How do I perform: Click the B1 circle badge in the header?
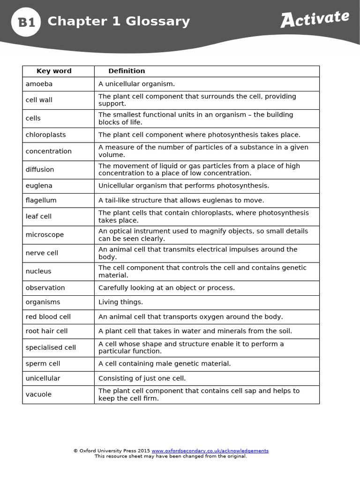click(26, 22)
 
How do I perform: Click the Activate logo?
click(315, 19)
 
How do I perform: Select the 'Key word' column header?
click(54, 71)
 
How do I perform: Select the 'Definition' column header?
click(127, 71)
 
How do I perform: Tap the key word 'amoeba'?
click(39, 84)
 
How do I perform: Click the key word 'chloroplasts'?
click(45, 135)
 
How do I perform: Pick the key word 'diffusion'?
click(40, 170)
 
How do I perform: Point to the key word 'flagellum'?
click(41, 201)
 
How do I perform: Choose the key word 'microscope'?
click(45, 235)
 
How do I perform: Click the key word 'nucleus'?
click(38, 271)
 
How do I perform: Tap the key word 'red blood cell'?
click(48, 317)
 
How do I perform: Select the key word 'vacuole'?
click(38, 395)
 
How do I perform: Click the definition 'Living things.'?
click(120, 302)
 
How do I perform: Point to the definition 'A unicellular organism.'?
click(136, 84)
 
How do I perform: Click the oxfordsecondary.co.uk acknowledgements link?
click(210, 451)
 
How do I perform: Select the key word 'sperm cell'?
click(43, 364)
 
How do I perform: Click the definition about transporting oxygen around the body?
click(190, 317)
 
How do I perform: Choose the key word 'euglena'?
click(39, 186)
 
